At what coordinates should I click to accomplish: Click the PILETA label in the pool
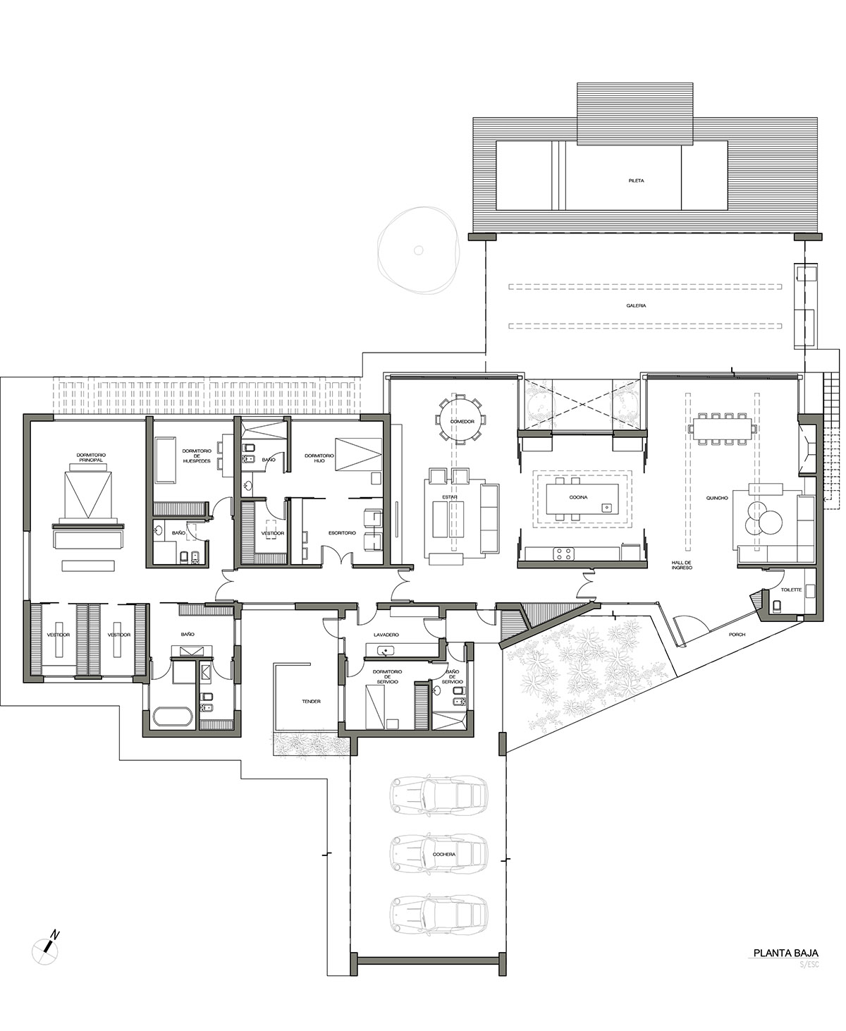(x=636, y=181)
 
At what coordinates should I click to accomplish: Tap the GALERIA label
(x=636, y=305)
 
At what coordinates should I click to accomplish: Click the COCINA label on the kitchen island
(x=578, y=497)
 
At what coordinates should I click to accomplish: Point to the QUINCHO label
(x=717, y=498)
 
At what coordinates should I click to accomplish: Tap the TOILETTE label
(x=791, y=590)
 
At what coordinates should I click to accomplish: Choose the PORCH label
(x=737, y=635)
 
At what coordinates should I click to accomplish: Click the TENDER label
(x=311, y=702)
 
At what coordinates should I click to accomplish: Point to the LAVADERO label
(x=386, y=635)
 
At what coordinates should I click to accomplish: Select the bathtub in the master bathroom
(x=173, y=718)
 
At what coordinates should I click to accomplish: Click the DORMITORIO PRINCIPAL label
(x=91, y=458)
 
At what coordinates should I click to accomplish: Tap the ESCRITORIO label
(x=342, y=533)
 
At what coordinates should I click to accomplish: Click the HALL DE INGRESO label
(x=682, y=565)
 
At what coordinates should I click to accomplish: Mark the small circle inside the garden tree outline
(x=418, y=250)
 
